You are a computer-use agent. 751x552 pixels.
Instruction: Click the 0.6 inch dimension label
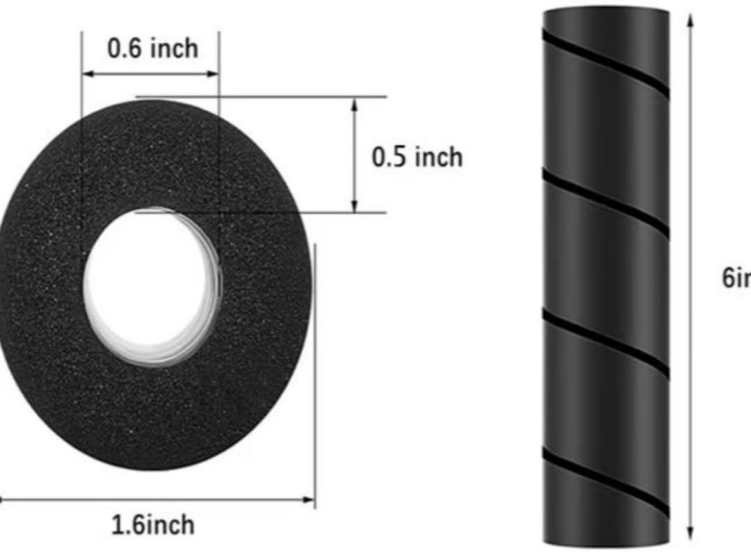pos(152,48)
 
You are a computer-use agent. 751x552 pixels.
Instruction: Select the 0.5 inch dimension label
pos(417,157)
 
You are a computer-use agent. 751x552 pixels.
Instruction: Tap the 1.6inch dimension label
pos(153,525)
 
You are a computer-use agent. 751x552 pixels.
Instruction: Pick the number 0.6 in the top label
pos(123,48)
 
